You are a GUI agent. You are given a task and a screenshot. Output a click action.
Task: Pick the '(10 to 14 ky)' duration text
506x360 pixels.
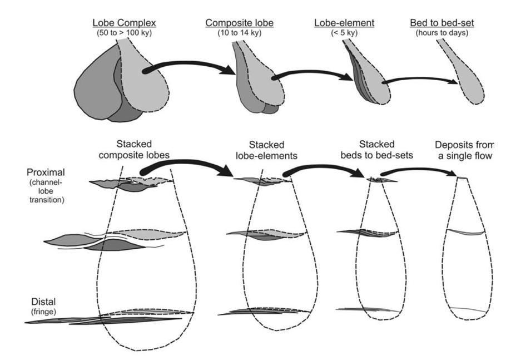234,32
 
